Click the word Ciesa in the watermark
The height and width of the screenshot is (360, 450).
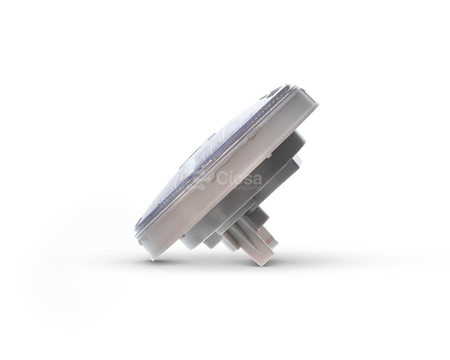[x=239, y=178]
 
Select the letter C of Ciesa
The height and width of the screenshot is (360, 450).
[x=222, y=178]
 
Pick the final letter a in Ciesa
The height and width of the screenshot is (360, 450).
[x=257, y=179]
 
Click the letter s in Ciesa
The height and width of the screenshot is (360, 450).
[x=247, y=179]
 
